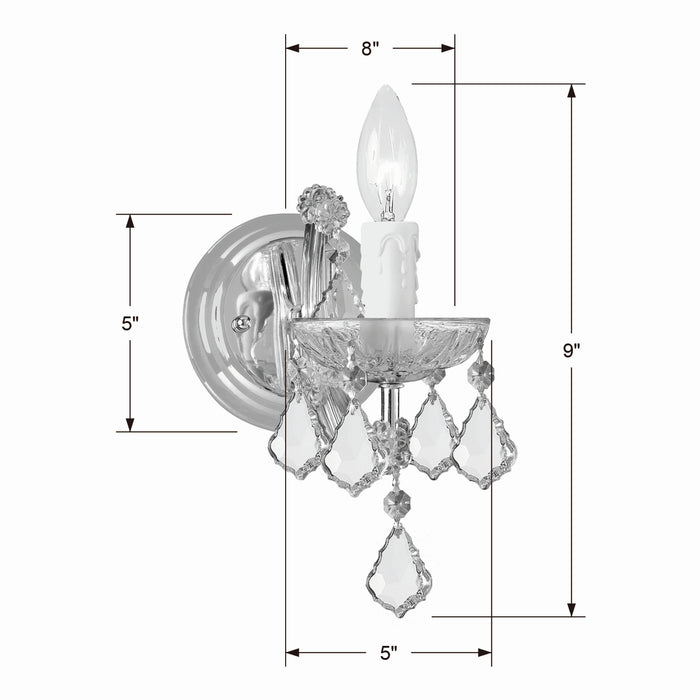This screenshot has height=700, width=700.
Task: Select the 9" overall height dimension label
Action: pyautogui.click(x=571, y=350)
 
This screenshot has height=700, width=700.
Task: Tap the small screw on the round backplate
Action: pyautogui.click(x=239, y=323)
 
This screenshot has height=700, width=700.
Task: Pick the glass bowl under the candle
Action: pyautogui.click(x=390, y=345)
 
